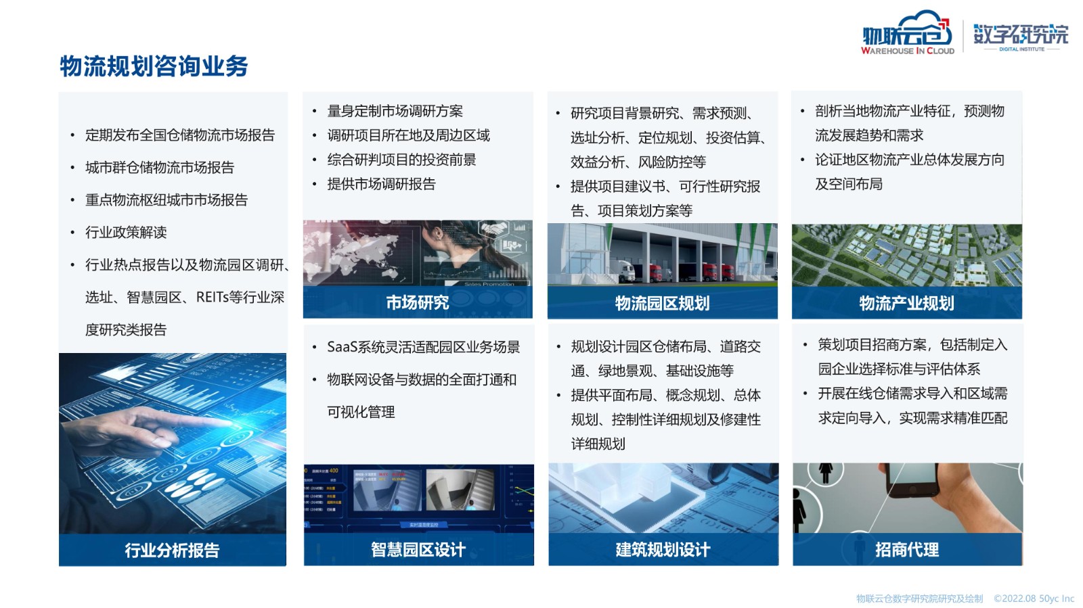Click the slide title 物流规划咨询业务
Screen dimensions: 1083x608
(x=154, y=66)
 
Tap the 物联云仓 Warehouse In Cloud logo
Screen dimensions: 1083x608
(x=908, y=33)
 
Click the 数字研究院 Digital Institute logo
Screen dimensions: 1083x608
(x=1021, y=37)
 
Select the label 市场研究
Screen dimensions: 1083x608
(x=418, y=302)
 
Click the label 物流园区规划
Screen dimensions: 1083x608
(x=663, y=303)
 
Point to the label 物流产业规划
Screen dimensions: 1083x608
(x=906, y=303)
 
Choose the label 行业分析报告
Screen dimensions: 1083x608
(x=172, y=550)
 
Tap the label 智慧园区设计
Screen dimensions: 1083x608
(x=418, y=550)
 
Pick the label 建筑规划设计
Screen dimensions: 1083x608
(x=663, y=550)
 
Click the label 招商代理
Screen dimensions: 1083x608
(x=907, y=550)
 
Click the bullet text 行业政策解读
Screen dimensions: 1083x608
(x=126, y=232)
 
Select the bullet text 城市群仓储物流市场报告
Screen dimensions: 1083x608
(x=160, y=168)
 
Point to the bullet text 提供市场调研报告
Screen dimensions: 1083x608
(x=382, y=184)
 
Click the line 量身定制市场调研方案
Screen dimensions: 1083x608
(x=395, y=111)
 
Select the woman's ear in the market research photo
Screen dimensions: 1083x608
(x=437, y=234)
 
